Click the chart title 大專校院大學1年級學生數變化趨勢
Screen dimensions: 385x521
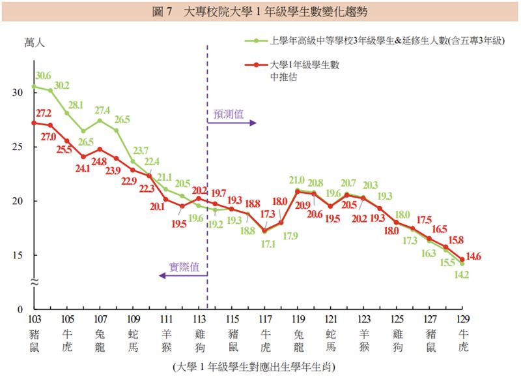point(260,11)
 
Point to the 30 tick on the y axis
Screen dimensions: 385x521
point(18,93)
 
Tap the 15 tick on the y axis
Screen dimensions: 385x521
point(18,255)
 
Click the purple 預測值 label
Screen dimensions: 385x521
point(229,114)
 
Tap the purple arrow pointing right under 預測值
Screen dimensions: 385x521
point(234,123)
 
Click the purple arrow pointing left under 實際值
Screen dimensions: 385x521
point(182,275)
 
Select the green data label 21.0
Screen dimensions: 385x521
point(297,181)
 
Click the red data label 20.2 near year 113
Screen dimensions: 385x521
point(198,191)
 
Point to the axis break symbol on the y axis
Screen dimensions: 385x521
point(34,281)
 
